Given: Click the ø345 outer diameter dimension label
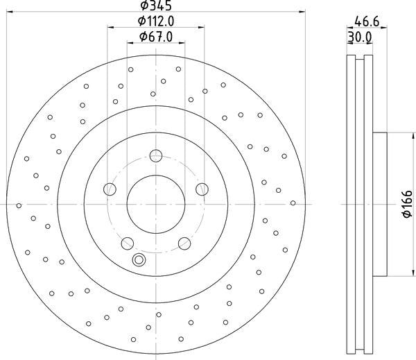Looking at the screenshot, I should pos(156,6).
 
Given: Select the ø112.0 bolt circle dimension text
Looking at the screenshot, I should pos(156,22).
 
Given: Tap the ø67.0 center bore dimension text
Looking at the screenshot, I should pos(156,36).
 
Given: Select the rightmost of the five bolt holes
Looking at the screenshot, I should pos(202,189).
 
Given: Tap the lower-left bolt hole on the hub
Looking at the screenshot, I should pos(127,243).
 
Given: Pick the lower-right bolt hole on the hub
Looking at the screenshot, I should pos(184,243).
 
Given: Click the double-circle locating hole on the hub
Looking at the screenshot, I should pos(139,260).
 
